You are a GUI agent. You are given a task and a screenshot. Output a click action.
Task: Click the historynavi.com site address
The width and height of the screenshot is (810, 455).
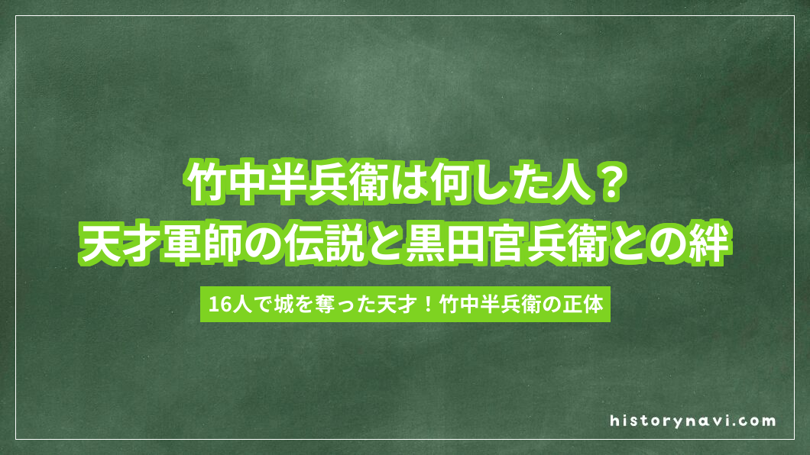[x=693, y=420]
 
